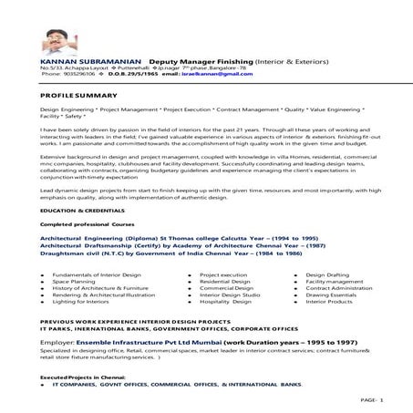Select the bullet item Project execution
pyautogui.click(x=222, y=274)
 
